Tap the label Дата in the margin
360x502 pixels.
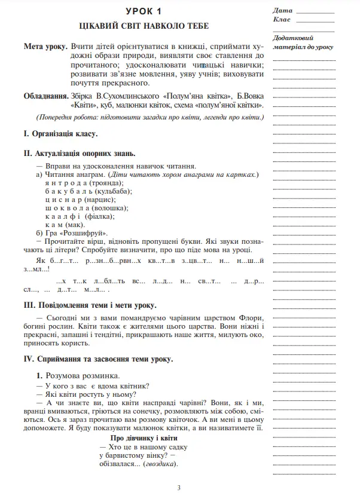tap(282, 11)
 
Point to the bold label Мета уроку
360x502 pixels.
tap(45, 46)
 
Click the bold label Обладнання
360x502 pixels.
tap(45, 96)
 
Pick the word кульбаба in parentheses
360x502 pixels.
tap(113, 191)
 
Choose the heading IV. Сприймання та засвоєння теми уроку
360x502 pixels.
tap(97, 359)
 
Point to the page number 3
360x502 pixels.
tap(179, 488)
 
